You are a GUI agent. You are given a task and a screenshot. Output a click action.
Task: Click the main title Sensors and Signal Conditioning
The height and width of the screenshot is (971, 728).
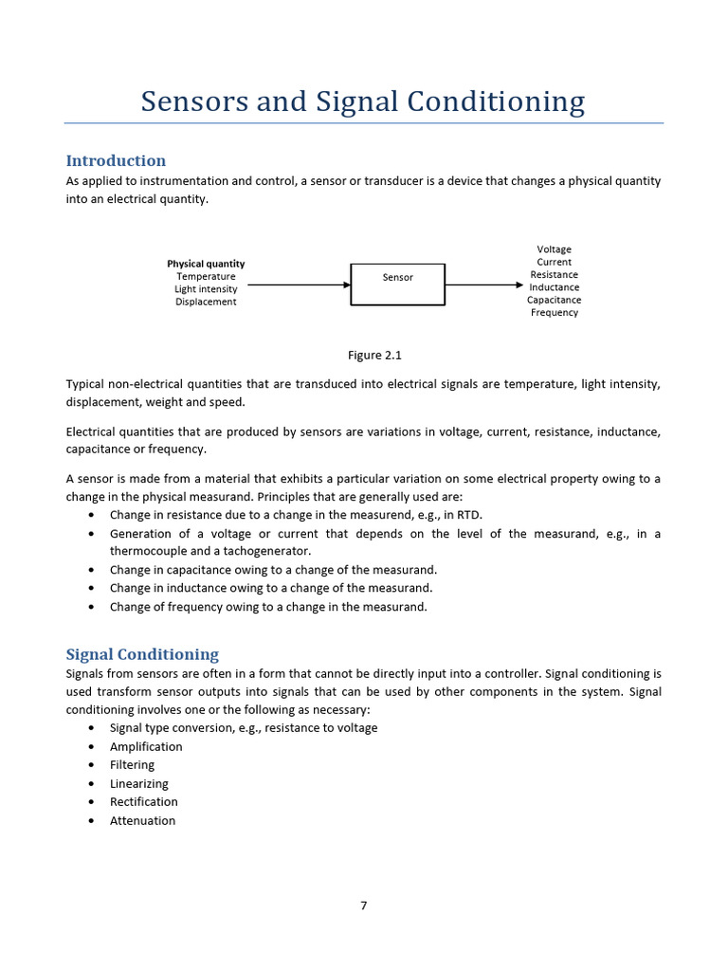click(x=363, y=101)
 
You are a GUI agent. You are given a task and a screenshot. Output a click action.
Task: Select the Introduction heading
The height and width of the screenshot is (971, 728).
click(x=116, y=160)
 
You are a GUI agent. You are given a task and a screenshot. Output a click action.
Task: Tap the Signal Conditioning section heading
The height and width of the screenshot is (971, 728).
click(x=142, y=654)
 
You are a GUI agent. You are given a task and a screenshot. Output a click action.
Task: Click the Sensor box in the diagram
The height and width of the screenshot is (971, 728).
click(x=398, y=284)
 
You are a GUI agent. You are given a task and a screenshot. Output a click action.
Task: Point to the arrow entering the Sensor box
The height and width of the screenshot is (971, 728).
click(x=299, y=284)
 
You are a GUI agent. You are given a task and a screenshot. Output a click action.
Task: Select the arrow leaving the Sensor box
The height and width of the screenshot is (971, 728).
click(x=483, y=284)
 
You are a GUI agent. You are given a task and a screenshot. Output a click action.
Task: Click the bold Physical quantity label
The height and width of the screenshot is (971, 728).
click(x=206, y=264)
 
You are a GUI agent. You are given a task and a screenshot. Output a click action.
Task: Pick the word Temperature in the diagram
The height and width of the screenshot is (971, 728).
click(x=206, y=277)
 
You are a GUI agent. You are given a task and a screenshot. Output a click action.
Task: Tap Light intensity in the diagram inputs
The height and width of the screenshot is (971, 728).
click(x=206, y=289)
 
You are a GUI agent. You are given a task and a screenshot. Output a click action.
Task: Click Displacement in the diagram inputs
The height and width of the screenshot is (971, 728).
click(x=206, y=302)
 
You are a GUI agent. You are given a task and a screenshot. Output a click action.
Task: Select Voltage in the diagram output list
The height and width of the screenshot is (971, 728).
click(x=555, y=249)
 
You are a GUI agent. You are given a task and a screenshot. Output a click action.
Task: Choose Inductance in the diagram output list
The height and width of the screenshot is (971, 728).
click(x=555, y=287)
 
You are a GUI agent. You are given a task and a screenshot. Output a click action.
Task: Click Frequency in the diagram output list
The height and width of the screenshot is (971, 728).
click(x=555, y=313)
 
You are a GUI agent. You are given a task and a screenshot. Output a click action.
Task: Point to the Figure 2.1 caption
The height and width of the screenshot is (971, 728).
click(x=374, y=356)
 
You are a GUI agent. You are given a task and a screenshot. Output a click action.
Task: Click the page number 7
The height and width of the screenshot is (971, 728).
click(x=363, y=906)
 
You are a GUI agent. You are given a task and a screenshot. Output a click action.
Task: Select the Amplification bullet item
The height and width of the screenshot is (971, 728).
click(x=146, y=746)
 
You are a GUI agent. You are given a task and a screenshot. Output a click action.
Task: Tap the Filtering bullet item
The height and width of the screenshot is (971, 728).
click(x=132, y=765)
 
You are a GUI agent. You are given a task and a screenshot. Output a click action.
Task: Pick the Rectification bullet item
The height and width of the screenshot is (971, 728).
click(x=143, y=802)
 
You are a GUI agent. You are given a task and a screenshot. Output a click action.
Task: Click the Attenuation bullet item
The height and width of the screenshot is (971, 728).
click(x=142, y=821)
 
